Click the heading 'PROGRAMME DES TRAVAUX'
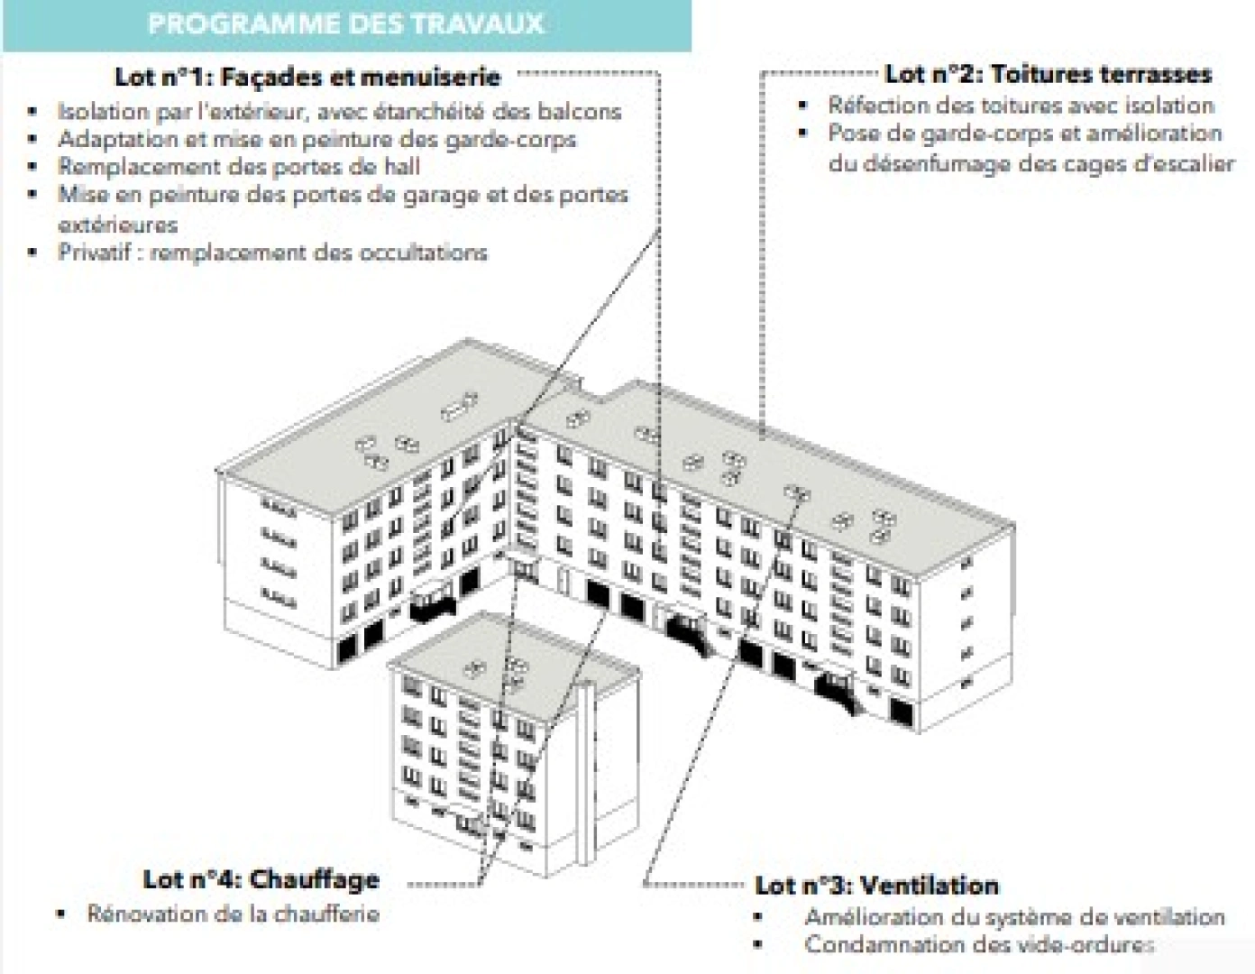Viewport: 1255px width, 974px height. (345, 23)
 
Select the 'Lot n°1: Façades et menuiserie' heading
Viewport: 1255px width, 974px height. (307, 77)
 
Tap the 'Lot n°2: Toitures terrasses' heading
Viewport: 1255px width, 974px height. (1048, 74)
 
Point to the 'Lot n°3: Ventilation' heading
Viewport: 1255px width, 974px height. (876, 885)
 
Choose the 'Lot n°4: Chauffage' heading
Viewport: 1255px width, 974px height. (261, 879)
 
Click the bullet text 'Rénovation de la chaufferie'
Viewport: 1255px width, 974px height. (233, 914)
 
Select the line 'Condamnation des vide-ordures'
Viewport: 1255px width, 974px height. (979, 945)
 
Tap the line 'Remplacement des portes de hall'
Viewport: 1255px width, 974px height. (239, 167)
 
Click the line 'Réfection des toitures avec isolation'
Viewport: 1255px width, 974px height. (1021, 106)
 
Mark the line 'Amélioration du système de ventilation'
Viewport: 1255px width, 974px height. (1014, 917)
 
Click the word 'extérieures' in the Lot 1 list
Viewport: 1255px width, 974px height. (117, 225)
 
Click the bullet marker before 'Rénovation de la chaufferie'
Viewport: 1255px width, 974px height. (61, 914)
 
